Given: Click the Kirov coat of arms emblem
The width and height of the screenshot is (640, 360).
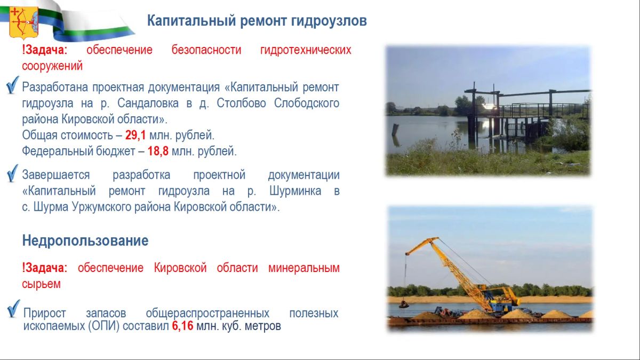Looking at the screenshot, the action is pyautogui.click(x=23, y=22).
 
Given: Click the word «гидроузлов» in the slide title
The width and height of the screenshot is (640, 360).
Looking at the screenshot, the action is pyautogui.click(x=329, y=21).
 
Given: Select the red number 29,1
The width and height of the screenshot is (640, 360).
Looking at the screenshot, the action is pyautogui.click(x=135, y=135).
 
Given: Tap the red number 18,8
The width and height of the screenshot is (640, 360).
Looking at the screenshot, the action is pyautogui.click(x=158, y=151).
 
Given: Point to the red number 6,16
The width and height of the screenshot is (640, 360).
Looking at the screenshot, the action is pyautogui.click(x=182, y=326).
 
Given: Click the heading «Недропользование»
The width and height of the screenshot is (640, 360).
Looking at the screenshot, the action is pyautogui.click(x=85, y=241).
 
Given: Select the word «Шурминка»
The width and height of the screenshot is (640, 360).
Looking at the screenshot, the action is pyautogui.click(x=295, y=191).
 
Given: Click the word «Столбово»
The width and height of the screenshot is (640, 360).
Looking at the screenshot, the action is pyautogui.click(x=241, y=103).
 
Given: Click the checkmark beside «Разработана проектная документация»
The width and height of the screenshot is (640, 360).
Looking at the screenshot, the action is pyautogui.click(x=12, y=85).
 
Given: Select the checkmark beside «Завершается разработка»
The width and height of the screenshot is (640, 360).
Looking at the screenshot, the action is pyautogui.click(x=12, y=173).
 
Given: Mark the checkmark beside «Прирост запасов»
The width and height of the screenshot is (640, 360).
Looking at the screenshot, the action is pyautogui.click(x=13, y=309).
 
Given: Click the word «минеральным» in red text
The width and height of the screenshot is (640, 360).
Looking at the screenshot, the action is pyautogui.click(x=303, y=268).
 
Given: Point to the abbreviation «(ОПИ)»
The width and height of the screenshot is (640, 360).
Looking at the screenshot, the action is pyautogui.click(x=103, y=326).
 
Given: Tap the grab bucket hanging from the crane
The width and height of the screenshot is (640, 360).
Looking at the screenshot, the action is pyautogui.click(x=404, y=305).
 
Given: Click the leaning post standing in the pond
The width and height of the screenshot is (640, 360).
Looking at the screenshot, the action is pyautogui.click(x=395, y=130).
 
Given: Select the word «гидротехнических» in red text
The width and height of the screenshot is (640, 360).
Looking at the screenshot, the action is pyautogui.click(x=306, y=50).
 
